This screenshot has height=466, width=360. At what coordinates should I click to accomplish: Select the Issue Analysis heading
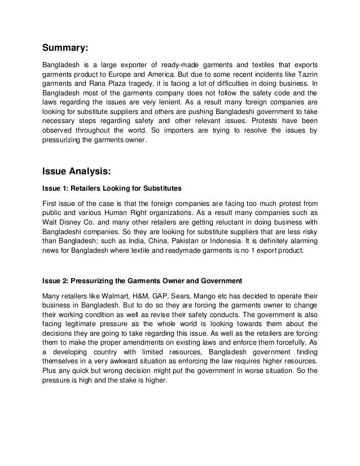[x=80, y=167]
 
